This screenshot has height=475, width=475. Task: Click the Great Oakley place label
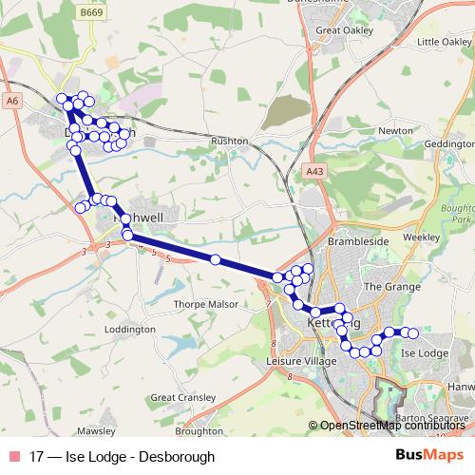coord(342,29)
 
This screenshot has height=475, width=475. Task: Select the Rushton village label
coord(230,141)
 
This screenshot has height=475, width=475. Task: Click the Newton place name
coord(394,130)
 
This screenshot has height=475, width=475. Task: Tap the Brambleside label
coord(353,242)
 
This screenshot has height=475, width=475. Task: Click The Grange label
coord(385,285)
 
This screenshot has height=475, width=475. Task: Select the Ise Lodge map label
coord(426,352)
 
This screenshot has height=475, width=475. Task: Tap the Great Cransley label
coord(178,396)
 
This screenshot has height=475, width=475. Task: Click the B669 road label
coord(90,14)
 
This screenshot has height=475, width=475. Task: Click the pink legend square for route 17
coord(12,456)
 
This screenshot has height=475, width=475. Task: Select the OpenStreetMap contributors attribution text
coord(389,426)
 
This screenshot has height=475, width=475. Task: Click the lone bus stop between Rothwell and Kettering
coord(216,259)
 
